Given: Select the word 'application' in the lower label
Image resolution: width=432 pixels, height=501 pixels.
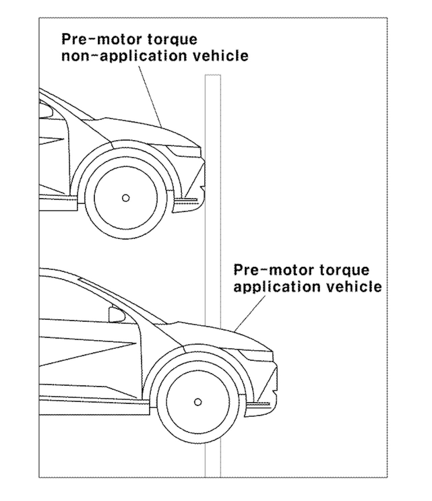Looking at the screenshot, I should pos(276,287).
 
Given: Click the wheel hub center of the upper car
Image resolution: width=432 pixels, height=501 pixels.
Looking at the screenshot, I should pos(126,198).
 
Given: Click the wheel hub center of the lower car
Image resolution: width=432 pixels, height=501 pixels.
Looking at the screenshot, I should pos(198,402).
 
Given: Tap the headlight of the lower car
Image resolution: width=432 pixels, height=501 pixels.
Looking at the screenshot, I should pos(258,356).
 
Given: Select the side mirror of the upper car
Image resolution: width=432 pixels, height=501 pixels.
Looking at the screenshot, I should pos(46,111).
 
